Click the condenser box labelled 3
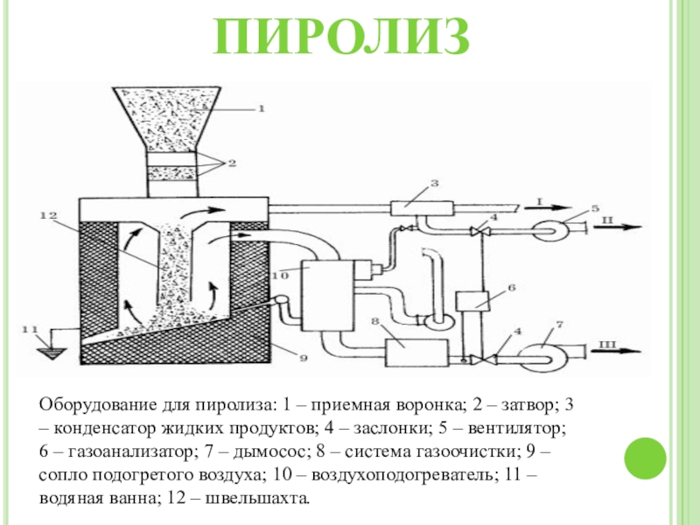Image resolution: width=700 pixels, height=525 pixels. (421, 208)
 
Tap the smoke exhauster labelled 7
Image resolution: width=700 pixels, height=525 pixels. (544, 352)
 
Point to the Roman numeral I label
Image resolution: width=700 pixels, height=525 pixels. (538, 202)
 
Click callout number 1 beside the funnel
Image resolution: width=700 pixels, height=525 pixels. (259, 108)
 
